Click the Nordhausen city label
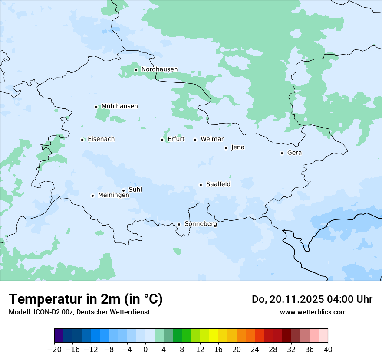pos(159,69)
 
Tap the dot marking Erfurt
pos(162,140)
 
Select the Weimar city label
pos(212,139)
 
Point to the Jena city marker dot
pos(226,148)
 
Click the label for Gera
pos(294,153)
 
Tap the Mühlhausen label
pos(119,106)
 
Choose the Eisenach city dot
pos(82,140)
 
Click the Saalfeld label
pos(218,184)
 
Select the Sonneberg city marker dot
pos(179,224)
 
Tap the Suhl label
pos(135,190)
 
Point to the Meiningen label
pos(113,196)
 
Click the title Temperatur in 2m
pos(86,299)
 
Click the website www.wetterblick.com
pos(313,312)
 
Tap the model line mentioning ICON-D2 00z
pos(79,312)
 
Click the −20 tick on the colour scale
pos(55,349)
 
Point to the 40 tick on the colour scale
pos(328,349)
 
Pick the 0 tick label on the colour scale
pos(145,349)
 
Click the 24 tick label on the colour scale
pos(255,349)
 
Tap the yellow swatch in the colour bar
pos(214,336)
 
